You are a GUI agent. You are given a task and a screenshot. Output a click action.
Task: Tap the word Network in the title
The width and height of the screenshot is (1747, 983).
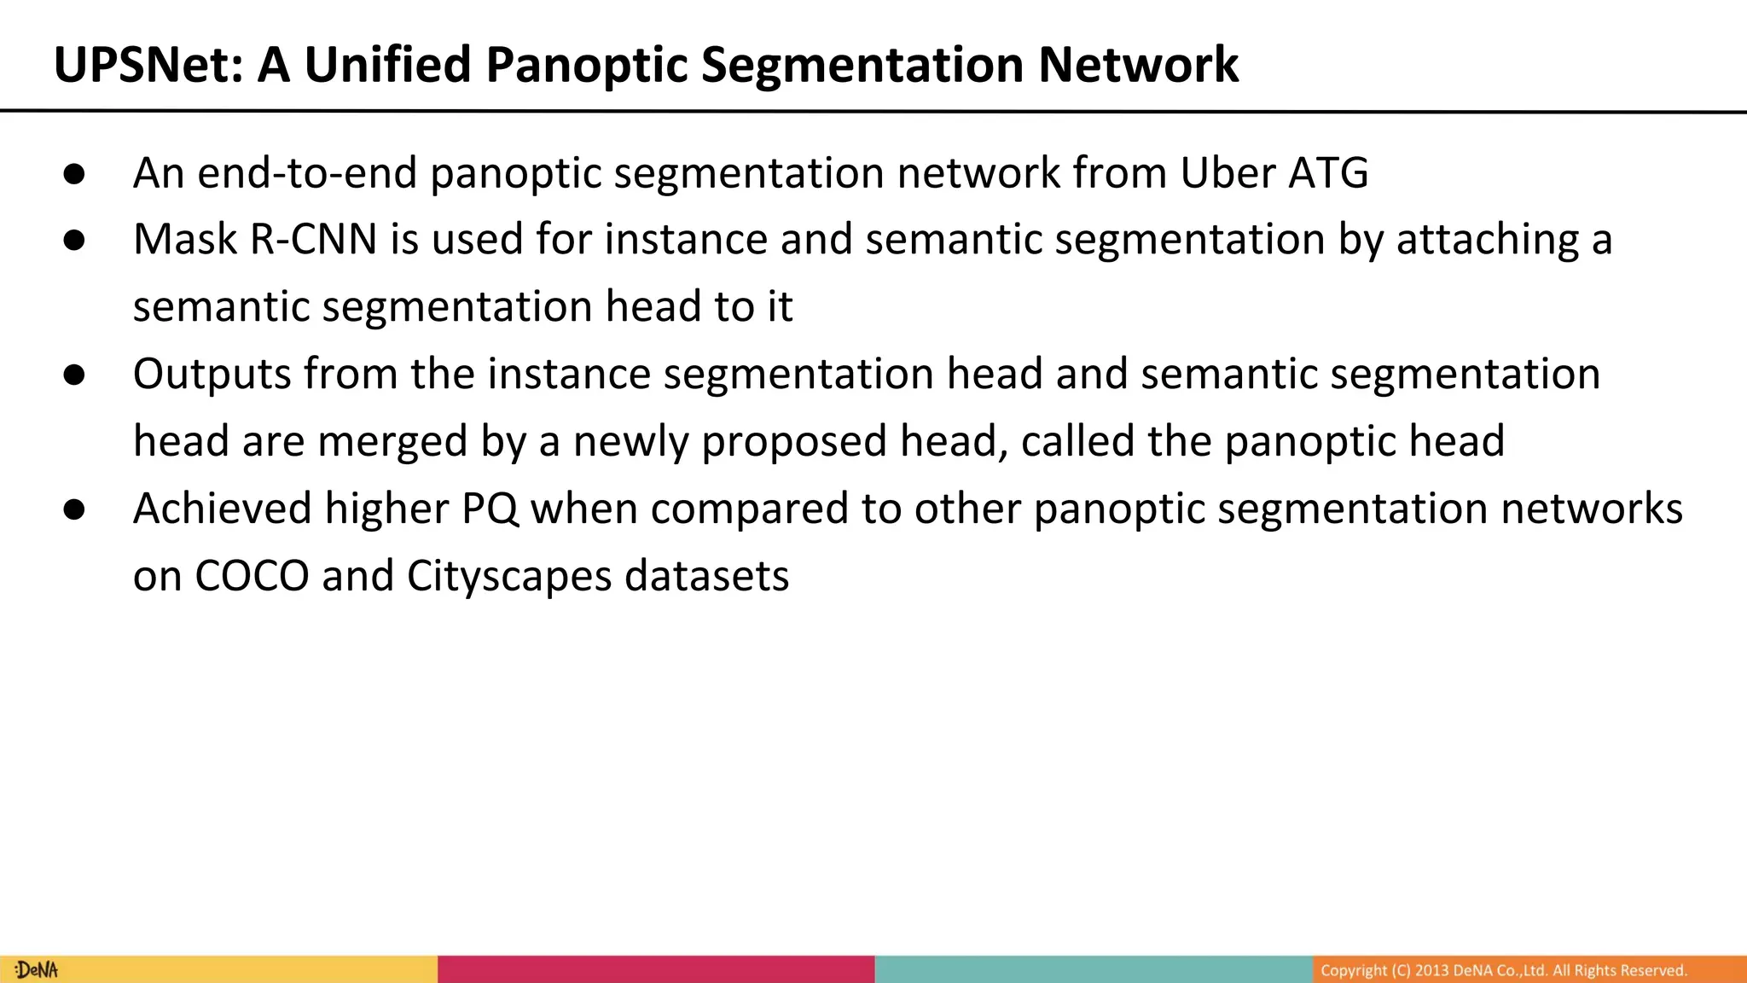click(x=1138, y=65)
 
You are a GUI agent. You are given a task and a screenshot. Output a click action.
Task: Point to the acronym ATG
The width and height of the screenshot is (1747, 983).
click(x=1328, y=173)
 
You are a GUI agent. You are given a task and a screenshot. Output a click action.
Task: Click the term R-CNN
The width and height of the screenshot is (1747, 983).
click(x=313, y=240)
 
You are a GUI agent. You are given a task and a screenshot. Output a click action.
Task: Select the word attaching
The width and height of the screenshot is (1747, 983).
click(x=1488, y=240)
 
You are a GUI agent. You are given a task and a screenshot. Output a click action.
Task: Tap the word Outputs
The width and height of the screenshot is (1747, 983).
click(x=212, y=375)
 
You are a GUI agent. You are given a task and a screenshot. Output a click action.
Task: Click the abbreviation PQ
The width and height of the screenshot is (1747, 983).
click(x=490, y=509)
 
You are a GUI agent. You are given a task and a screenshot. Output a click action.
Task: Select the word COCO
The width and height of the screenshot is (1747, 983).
click(x=252, y=576)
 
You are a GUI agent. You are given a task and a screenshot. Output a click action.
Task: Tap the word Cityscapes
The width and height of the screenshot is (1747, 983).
click(x=509, y=576)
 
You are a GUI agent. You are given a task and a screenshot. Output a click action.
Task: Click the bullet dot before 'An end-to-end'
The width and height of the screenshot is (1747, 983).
click(x=74, y=174)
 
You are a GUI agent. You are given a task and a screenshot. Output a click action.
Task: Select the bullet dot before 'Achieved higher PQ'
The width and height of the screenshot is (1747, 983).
click(x=74, y=509)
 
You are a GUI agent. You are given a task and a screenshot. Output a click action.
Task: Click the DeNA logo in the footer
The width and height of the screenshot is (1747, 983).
click(x=37, y=970)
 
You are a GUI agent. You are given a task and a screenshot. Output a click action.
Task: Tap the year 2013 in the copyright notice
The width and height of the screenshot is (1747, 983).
click(x=1431, y=970)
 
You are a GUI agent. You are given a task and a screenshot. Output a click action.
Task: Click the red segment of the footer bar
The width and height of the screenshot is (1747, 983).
click(x=656, y=969)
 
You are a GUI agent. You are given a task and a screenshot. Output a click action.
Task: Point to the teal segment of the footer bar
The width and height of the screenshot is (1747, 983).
click(x=1093, y=969)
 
